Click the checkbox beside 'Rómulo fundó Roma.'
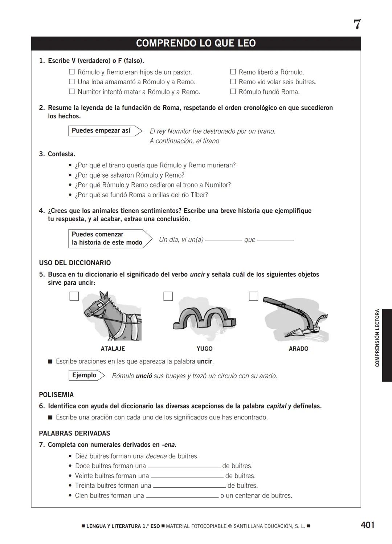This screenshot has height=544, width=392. [x=233, y=92]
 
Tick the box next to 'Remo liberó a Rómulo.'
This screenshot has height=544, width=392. [x=233, y=72]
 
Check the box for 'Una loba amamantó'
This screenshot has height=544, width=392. [x=72, y=82]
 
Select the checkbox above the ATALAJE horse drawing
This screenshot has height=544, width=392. [x=74, y=296]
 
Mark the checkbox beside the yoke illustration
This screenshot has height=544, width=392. [x=168, y=296]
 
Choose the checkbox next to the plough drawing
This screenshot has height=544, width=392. [x=253, y=296]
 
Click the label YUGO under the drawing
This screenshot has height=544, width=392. [x=204, y=349]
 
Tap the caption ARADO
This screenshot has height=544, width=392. [x=298, y=349]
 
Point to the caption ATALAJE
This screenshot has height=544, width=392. [x=113, y=349]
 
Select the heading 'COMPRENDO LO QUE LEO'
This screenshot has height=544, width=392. [x=196, y=43]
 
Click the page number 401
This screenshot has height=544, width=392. [x=367, y=525]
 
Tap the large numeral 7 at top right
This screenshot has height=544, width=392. [x=357, y=25]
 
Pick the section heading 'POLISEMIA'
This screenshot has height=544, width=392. [x=56, y=395]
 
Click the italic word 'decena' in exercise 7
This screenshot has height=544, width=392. [x=156, y=456]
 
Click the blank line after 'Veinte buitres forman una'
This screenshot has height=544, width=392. [x=187, y=476]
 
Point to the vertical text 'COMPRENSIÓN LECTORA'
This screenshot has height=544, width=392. [x=377, y=338]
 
